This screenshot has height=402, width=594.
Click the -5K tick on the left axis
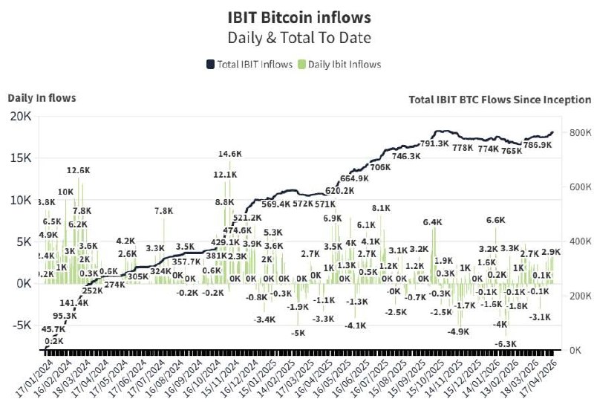tap(19, 325)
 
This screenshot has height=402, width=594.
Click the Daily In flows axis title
tap(42, 98)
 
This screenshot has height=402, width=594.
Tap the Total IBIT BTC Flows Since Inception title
tap(500, 100)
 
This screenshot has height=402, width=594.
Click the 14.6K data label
tap(230, 154)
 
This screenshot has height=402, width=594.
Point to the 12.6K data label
tap(78, 171)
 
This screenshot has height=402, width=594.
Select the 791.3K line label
tap(434, 143)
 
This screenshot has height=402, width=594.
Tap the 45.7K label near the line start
tap(53, 328)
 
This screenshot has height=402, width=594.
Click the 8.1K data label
tap(380, 208)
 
